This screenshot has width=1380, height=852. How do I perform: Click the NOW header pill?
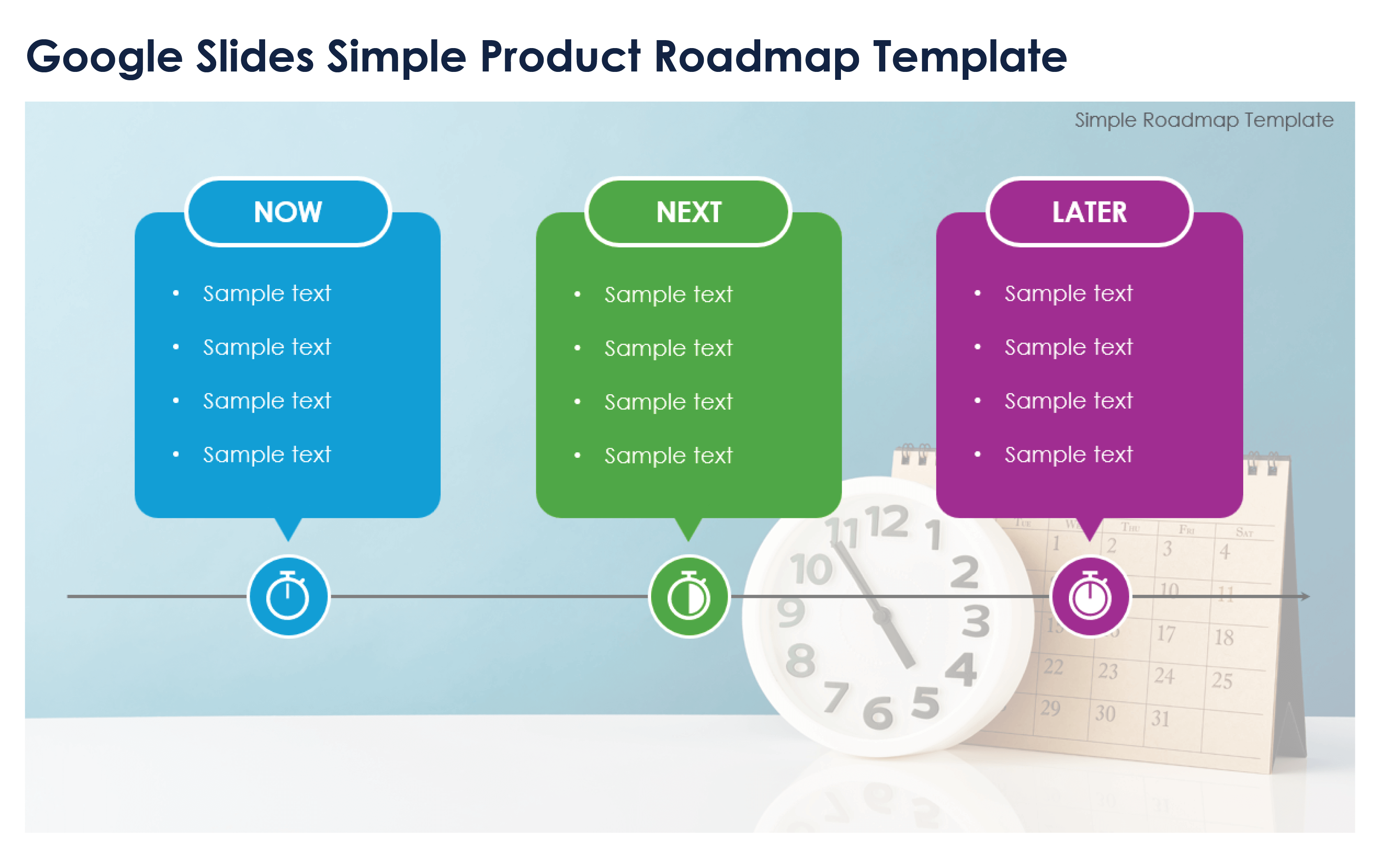click(x=288, y=212)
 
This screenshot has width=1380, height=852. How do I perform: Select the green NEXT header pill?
click(x=689, y=212)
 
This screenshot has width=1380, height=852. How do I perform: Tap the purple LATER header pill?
click(x=1089, y=212)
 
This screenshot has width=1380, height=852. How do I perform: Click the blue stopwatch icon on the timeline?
click(x=288, y=596)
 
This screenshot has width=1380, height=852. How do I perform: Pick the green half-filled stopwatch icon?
click(x=689, y=596)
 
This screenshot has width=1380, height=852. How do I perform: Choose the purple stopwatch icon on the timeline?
click(x=1090, y=596)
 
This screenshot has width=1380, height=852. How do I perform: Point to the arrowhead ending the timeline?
click(x=1305, y=596)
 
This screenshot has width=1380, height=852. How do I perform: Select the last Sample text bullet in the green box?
click(x=668, y=455)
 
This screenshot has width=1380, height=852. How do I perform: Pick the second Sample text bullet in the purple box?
click(x=1068, y=347)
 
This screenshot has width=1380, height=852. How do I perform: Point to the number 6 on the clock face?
click(x=877, y=713)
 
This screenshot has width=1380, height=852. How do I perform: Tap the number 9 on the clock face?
click(x=791, y=612)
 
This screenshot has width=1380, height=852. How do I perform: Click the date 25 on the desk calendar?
click(x=1222, y=681)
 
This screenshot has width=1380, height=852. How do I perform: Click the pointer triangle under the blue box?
click(x=288, y=528)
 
